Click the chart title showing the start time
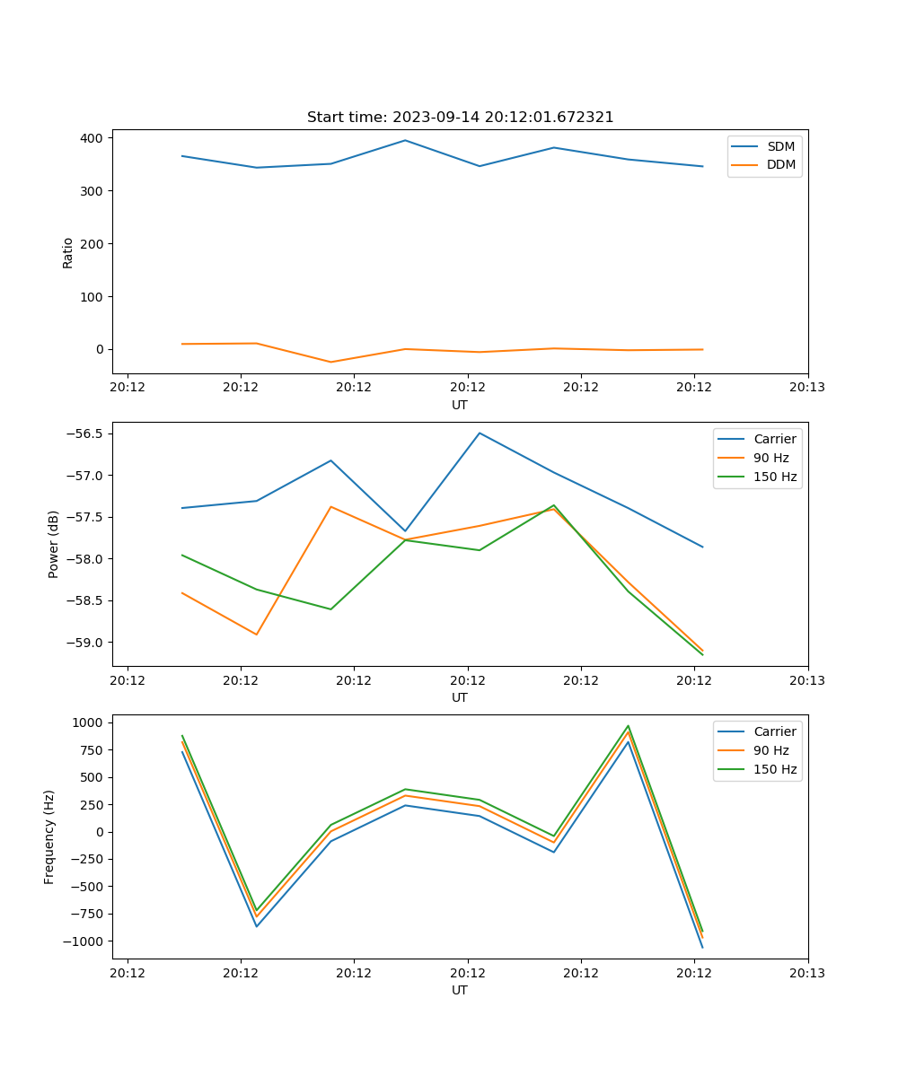460,118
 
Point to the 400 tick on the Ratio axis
90,138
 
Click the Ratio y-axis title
68,252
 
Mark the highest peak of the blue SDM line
405,140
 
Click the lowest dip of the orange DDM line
330,363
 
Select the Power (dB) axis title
54,544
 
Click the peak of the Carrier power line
480,433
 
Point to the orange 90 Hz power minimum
257,635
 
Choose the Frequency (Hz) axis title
49,836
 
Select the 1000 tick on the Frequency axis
88,722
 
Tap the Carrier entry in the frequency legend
774,731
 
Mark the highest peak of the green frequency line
628,726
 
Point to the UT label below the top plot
460,405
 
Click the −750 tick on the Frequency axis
86,914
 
